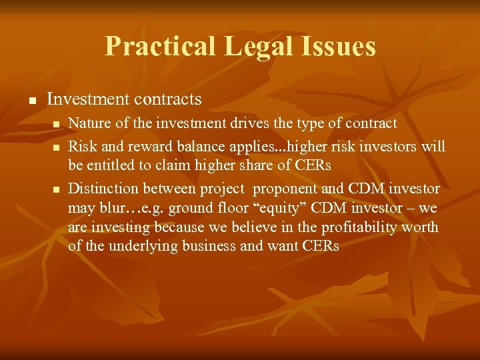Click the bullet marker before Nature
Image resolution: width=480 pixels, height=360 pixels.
56,125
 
